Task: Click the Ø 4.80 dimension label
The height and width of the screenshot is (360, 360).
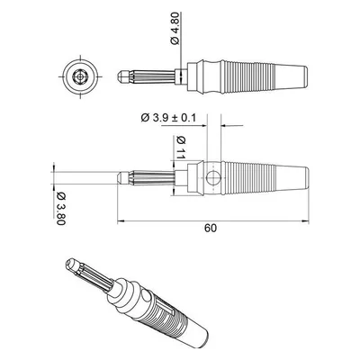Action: tap(175, 29)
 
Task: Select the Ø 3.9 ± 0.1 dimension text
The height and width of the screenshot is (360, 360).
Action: tap(168, 117)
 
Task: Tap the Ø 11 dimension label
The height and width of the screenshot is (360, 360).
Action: tap(181, 148)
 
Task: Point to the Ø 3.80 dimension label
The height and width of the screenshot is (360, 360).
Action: tap(61, 208)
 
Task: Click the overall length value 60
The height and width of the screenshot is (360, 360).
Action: tap(211, 229)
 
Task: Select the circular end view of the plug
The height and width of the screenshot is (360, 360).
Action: tap(80, 76)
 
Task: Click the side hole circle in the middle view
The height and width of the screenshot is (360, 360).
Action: tap(213, 178)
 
